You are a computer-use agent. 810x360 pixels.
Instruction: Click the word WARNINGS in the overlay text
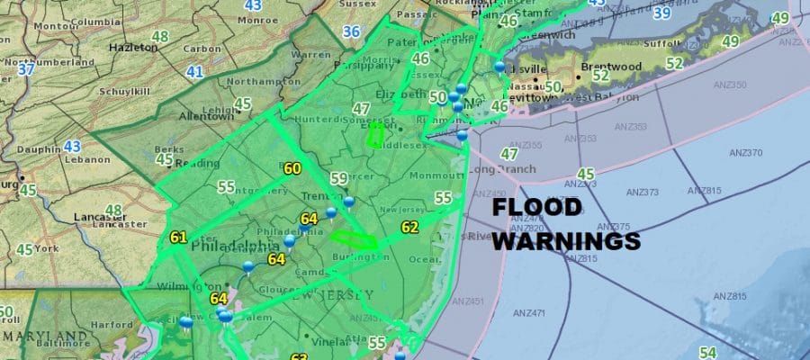coord(567,241)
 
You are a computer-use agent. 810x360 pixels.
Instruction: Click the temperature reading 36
coord(351,32)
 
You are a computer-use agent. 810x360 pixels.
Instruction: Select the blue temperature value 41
coord(193,71)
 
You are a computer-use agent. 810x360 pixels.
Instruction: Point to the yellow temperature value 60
coord(292,168)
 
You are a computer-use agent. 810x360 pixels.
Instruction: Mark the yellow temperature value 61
coord(177,238)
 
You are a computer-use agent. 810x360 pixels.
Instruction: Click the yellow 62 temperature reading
coord(409,227)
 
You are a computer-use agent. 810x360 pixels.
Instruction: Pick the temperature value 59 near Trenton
coord(338,178)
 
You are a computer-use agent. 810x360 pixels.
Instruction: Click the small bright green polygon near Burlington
coord(354,239)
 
